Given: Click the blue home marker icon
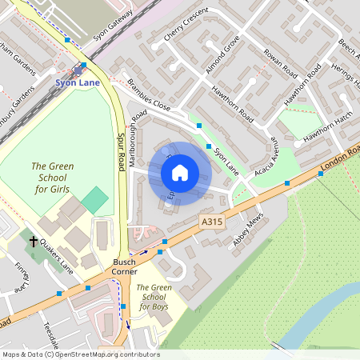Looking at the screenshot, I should [x=180, y=173].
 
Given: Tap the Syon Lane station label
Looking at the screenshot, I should [x=78, y=81].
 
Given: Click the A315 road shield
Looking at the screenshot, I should [x=211, y=221].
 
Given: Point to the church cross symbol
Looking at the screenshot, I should [x=34, y=240].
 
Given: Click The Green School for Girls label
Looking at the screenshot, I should [x=50, y=178].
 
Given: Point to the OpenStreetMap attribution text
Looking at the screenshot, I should [x=81, y=354].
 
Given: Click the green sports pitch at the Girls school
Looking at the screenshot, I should [x=94, y=199].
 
